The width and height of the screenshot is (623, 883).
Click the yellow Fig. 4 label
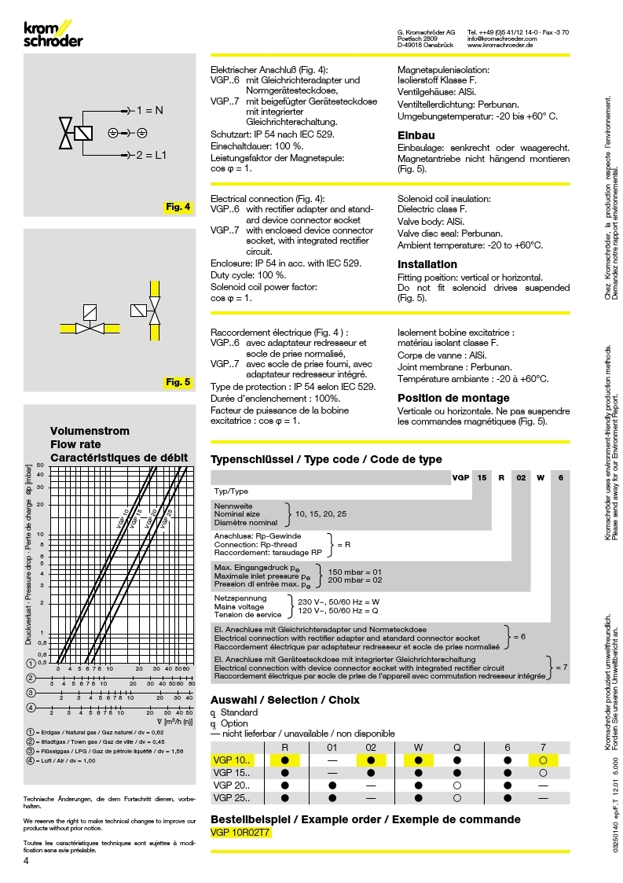(x=178, y=208)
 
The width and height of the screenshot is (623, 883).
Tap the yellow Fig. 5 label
(x=178, y=382)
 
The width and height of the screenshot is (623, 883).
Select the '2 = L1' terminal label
(x=152, y=155)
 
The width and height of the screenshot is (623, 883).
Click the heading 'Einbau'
(x=416, y=134)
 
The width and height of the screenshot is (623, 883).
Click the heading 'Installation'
(x=427, y=264)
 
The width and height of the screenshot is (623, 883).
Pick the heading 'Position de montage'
(x=453, y=398)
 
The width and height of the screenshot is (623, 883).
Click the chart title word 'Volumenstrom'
(x=90, y=432)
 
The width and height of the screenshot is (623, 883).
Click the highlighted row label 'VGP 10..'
(x=232, y=760)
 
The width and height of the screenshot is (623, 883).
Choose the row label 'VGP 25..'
(x=232, y=797)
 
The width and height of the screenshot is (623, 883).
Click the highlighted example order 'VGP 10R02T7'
(x=240, y=833)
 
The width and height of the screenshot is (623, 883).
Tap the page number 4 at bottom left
(x=27, y=861)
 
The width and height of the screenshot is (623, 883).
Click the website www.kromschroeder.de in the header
(x=500, y=46)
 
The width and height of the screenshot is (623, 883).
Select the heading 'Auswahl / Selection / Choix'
(x=285, y=699)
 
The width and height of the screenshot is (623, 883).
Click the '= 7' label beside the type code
(x=561, y=667)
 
